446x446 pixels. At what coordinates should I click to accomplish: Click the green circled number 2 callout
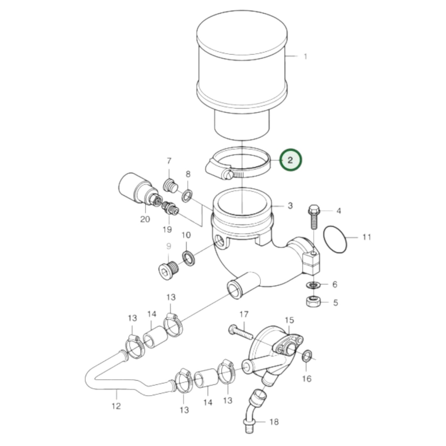290,160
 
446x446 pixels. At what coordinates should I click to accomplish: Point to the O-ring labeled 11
335,239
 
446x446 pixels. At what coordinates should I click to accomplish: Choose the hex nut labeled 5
313,301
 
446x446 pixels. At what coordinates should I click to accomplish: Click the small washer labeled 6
313,284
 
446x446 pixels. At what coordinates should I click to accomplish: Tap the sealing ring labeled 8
187,196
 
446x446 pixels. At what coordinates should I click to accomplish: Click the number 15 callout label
290,320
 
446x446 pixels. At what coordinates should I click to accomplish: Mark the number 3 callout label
290,205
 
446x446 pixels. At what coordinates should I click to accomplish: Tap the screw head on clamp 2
228,175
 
